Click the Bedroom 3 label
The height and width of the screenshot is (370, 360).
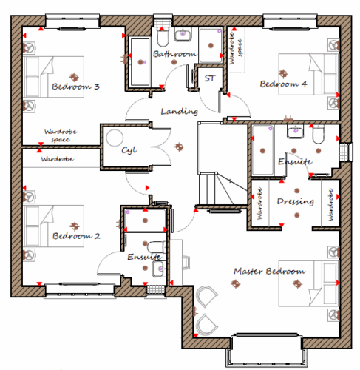pos(75,87)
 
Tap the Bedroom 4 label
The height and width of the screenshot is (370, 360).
pos(283,84)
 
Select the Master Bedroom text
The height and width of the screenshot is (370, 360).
pos(270,272)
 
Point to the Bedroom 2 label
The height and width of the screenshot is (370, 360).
pos(76,236)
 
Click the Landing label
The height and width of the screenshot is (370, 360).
pos(180,112)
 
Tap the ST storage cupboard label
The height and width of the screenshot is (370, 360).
pos(210,78)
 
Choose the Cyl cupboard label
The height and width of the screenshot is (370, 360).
pos(129,150)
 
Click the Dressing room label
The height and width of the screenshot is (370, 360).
pos(296,202)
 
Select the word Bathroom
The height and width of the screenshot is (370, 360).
pos(175,54)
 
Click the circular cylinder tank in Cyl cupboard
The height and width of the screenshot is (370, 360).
pos(115,138)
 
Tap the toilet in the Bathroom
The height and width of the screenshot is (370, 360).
pos(163,38)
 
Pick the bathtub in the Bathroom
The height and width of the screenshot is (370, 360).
pos(140,62)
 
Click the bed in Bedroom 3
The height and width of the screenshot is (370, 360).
pos(53,77)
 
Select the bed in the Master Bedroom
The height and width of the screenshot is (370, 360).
pos(309,283)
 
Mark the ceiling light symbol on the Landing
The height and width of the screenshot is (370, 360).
pos(179,147)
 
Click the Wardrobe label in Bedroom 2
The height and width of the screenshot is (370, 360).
pos(57,159)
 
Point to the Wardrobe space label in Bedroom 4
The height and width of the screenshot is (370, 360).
pos(236,52)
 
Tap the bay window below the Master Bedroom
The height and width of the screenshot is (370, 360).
pos(267,351)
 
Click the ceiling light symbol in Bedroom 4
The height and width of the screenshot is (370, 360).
pos(283,73)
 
